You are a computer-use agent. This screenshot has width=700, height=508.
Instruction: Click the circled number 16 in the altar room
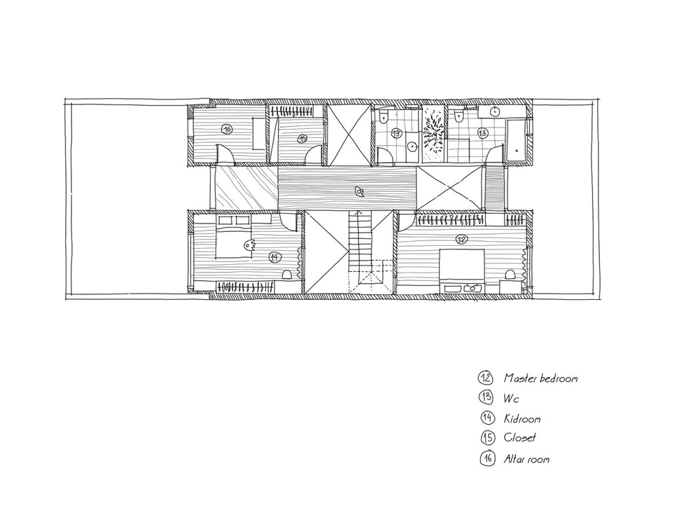(227, 130)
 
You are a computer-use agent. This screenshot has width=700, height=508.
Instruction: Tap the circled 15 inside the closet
(302, 139)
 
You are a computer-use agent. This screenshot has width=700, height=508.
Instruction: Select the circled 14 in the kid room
(274, 257)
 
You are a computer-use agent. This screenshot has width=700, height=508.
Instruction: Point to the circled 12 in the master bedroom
(461, 240)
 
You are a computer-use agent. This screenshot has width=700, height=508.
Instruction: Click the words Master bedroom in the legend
(540, 378)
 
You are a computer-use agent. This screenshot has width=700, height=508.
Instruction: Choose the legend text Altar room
(526, 459)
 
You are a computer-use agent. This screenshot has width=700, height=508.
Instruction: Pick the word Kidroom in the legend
(522, 418)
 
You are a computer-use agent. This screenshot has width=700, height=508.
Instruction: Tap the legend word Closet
(519, 437)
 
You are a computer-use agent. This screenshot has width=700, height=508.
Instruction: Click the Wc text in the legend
(511, 398)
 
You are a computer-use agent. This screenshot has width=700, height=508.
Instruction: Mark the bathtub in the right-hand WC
(517, 141)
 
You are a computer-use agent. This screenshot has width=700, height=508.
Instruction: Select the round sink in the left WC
(413, 146)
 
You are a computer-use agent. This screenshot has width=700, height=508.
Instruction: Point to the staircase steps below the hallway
(360, 241)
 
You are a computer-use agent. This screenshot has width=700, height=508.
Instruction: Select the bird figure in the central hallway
(358, 192)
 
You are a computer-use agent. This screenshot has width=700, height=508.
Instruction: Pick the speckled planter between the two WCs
(433, 134)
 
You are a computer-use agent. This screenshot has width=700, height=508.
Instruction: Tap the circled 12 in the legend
(485, 378)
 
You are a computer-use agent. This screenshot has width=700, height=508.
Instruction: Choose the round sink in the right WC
(494, 111)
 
